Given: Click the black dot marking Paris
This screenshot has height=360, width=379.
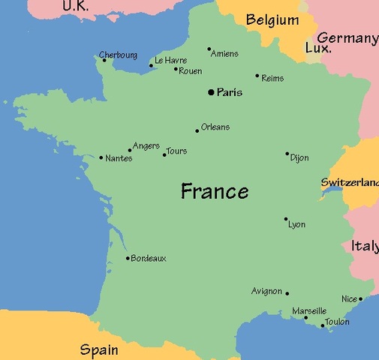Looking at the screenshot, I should point(211,92).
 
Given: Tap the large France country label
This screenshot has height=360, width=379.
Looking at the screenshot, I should point(214,191).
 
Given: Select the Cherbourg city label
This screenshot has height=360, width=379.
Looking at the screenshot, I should point(118,55).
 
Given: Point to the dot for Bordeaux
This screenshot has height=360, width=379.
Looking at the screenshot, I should point(128,258).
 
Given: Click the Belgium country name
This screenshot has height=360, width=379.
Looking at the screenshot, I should point(272,20).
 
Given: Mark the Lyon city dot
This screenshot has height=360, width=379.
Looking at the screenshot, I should point(286,219).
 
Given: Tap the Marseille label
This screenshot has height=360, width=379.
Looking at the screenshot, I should point(308,310).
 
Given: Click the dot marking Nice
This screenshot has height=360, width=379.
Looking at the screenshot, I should point(360,298).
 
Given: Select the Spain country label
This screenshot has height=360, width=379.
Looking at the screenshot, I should point(99,349).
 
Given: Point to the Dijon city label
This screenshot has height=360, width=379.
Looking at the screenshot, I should point(299,158).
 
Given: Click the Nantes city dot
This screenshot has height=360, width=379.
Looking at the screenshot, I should point(101,157).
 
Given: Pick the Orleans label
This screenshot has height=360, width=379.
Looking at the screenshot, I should point(215,127).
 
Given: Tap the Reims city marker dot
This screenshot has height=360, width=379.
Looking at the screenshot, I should point(257,75).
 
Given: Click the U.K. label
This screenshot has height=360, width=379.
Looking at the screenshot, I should point(74,6).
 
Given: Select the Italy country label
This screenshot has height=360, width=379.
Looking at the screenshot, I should point(365,246).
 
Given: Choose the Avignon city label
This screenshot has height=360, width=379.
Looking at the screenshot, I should point(266,291).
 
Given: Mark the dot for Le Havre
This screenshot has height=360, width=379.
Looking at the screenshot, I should point(151,65).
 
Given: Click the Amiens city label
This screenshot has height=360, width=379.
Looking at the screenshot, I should point(224,53).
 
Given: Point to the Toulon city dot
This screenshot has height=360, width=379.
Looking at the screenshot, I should point(323,325).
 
